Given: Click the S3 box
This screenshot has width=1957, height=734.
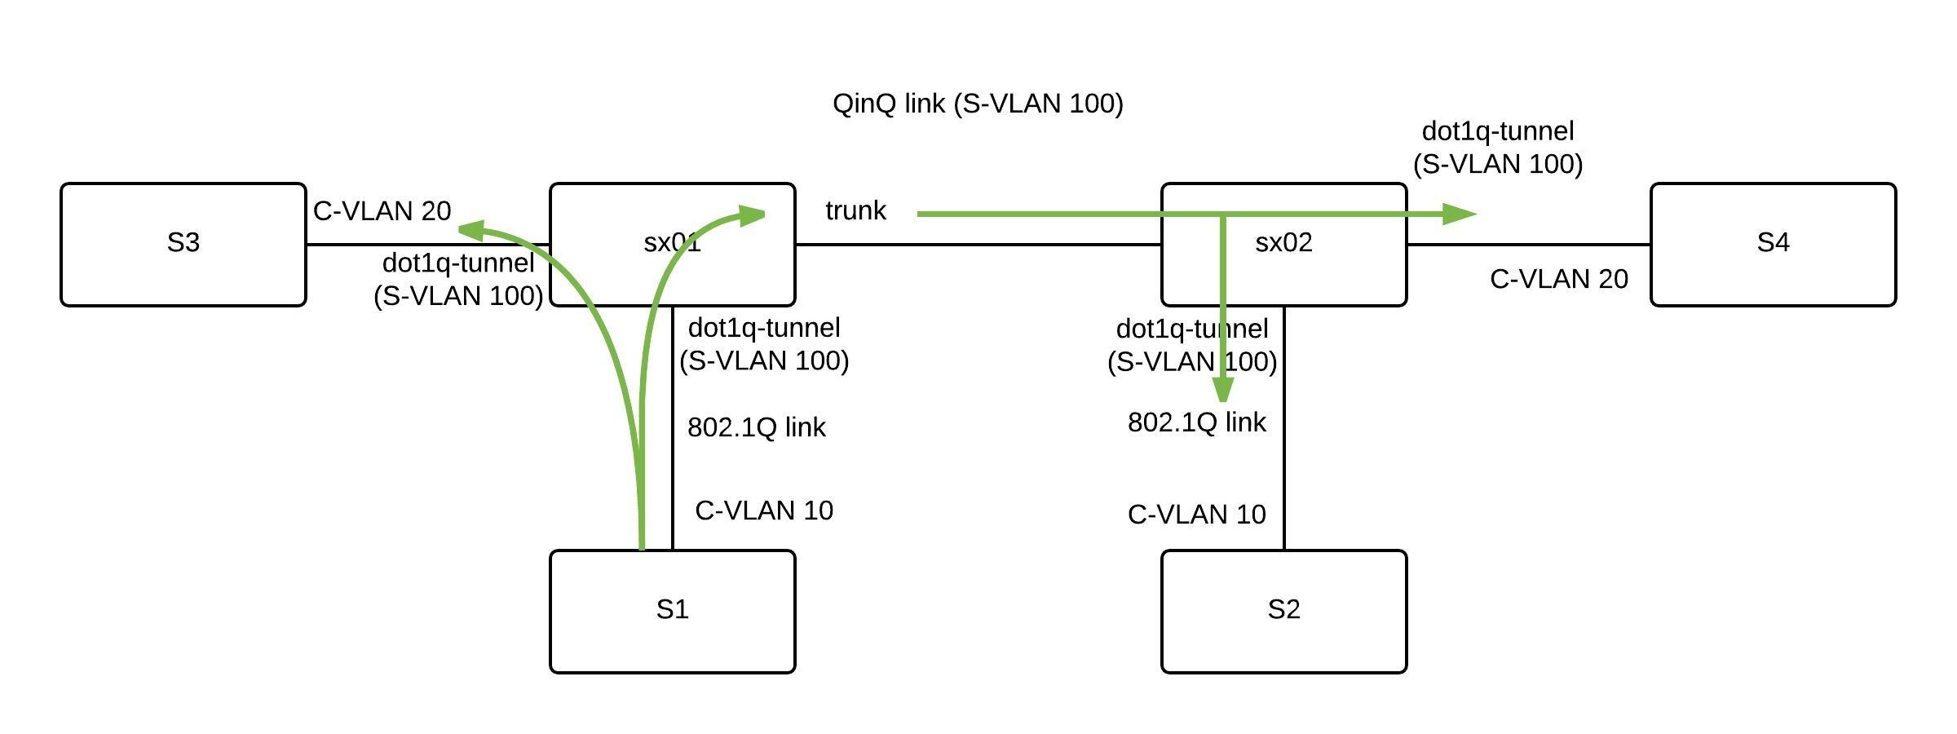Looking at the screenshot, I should tap(183, 244).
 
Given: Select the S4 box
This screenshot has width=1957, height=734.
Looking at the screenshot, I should tap(1773, 244).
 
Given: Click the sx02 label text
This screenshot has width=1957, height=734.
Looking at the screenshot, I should tap(1283, 242).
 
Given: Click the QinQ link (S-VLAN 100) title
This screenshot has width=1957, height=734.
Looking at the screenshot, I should tap(978, 104).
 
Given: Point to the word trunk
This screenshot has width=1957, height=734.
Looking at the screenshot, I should tap(855, 210).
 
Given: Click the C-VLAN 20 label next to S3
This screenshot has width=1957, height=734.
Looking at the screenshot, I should tap(382, 211).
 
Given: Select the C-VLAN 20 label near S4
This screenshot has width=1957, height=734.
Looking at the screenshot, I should tap(1558, 279).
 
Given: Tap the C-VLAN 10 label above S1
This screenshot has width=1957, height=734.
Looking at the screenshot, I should tap(764, 511).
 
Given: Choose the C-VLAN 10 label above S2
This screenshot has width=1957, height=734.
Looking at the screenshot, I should tap(1196, 515).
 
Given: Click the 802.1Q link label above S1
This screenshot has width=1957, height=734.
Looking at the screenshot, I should tap(757, 427).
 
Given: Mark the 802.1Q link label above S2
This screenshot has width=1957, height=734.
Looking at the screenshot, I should tap(1196, 422).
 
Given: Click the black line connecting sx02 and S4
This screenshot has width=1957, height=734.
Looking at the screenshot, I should tap(1529, 244).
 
